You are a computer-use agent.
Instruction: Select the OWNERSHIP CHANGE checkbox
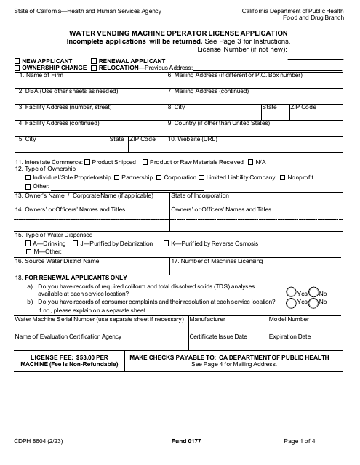click(x=17, y=68)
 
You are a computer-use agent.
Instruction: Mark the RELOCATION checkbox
click(x=94, y=68)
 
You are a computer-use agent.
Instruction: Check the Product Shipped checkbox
click(x=88, y=162)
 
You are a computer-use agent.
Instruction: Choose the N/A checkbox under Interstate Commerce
click(x=251, y=162)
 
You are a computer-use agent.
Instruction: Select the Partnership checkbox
click(x=117, y=177)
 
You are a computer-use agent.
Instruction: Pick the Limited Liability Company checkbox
click(x=201, y=177)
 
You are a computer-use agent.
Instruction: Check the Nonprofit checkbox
click(x=282, y=177)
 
